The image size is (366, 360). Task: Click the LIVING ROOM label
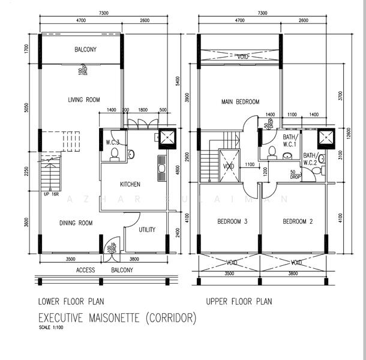click(83, 100)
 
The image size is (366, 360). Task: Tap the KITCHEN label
click(130, 184)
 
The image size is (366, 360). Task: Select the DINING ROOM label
click(76, 223)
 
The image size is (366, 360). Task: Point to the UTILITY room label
click(147, 229)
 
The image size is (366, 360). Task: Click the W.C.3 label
click(113, 142)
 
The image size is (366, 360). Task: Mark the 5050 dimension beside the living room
click(27, 107)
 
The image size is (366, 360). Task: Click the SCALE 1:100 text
click(52, 328)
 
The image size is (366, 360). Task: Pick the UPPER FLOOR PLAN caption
click(239, 301)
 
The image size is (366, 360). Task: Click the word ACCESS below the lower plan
click(86, 270)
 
